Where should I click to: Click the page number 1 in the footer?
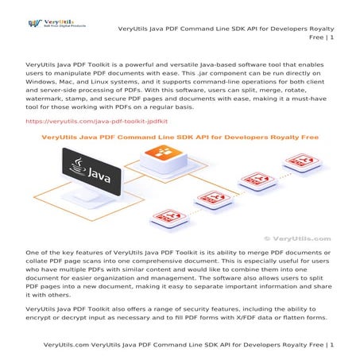[x=331, y=346]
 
